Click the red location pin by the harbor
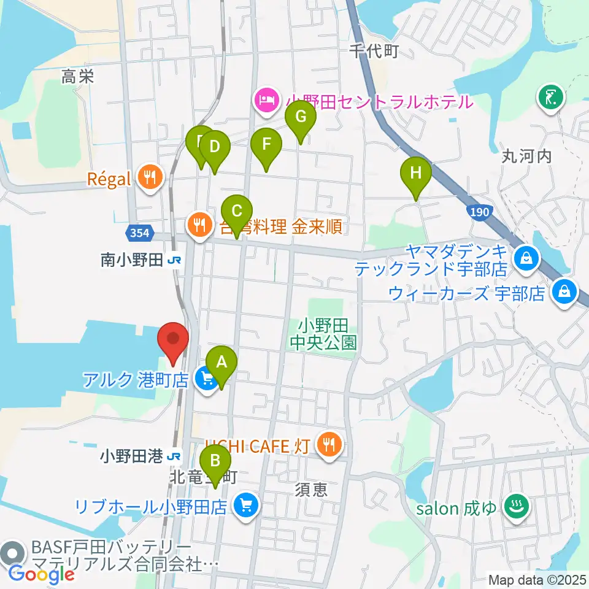click(x=173, y=340)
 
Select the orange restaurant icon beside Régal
click(x=149, y=179)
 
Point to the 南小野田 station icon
click(x=175, y=261)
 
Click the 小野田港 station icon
click(x=175, y=456)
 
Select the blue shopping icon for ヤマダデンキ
click(x=526, y=255)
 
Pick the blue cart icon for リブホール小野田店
click(x=247, y=506)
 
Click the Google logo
click(x=41, y=574)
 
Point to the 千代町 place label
click(x=374, y=52)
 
